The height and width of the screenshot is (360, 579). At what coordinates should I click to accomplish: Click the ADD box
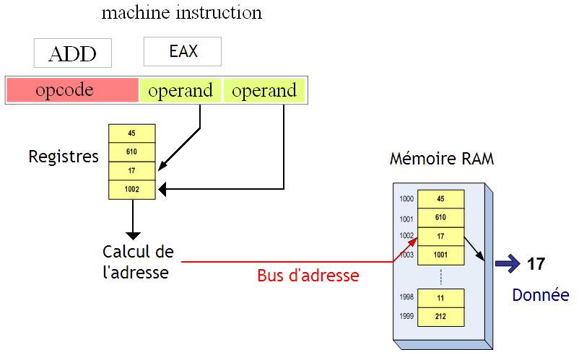click(72, 53)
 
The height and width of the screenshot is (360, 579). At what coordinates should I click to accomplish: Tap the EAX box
click(183, 52)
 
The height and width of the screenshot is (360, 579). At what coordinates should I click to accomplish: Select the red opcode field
click(72, 90)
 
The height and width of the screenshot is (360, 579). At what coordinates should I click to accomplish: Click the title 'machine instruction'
click(181, 12)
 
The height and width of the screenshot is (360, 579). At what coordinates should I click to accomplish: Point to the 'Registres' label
click(64, 157)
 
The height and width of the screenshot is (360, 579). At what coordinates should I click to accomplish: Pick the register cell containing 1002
click(131, 189)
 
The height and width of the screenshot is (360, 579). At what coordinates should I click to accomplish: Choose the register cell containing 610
click(131, 152)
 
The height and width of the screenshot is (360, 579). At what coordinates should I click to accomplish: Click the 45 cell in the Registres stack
click(131, 133)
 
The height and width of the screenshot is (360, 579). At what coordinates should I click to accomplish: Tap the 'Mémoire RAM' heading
click(442, 159)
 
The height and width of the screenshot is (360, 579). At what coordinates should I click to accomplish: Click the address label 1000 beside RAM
click(407, 198)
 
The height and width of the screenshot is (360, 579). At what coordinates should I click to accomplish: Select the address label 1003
click(407, 254)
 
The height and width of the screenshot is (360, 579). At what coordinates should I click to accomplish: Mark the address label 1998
click(407, 297)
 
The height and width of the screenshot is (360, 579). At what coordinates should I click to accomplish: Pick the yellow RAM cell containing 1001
click(440, 254)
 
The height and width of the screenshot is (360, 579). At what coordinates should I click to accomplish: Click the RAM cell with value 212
click(440, 316)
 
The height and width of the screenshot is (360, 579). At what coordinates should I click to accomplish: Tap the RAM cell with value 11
click(440, 297)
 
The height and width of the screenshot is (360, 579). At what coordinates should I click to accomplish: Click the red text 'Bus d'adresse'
click(308, 276)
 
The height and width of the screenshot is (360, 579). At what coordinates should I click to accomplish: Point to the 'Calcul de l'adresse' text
click(138, 262)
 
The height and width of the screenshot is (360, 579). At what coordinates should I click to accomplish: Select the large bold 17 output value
click(536, 263)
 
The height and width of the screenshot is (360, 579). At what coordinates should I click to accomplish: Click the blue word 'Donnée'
click(541, 295)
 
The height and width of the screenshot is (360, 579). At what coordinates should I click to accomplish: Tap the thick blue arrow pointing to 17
click(508, 264)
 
